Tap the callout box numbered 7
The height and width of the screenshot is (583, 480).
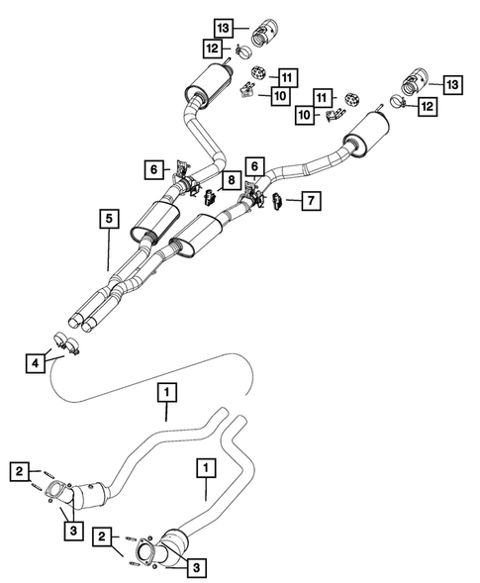click(x=311, y=202)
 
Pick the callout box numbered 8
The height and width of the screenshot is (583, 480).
click(x=230, y=180)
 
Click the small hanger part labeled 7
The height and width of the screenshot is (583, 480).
click(x=277, y=201)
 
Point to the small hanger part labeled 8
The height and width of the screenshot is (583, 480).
click(x=209, y=195)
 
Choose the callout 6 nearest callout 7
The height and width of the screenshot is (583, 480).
click(x=255, y=169)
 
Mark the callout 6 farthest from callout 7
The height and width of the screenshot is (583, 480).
click(x=153, y=169)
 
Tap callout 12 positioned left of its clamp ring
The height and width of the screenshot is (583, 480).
click(x=212, y=47)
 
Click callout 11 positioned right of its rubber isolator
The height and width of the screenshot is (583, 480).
click(x=287, y=76)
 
